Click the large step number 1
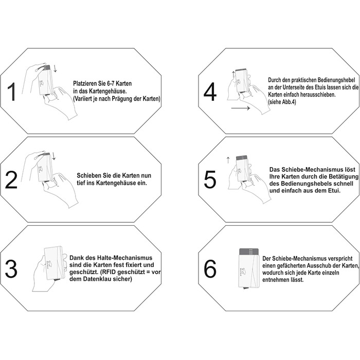pyautogui.click(x=11, y=92)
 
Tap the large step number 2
pyautogui.click(x=11, y=181)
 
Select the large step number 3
pyautogui.click(x=11, y=269)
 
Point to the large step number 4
pyautogui.click(x=210, y=92)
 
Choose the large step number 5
pyautogui.click(x=210, y=180)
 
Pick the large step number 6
pyautogui.click(x=210, y=269)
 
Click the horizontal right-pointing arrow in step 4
pyautogui.click(x=241, y=108)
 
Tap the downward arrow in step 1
pyautogui.click(x=55, y=68)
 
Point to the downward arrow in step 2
pyautogui.click(x=53, y=156)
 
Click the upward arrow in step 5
pyautogui.click(x=228, y=160)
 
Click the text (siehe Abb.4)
pyautogui.click(x=282, y=102)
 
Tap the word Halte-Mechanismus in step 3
pyautogui.click(x=130, y=258)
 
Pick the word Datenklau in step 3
pyautogui.click(x=94, y=279)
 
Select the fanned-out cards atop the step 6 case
pyautogui.click(x=249, y=251)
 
